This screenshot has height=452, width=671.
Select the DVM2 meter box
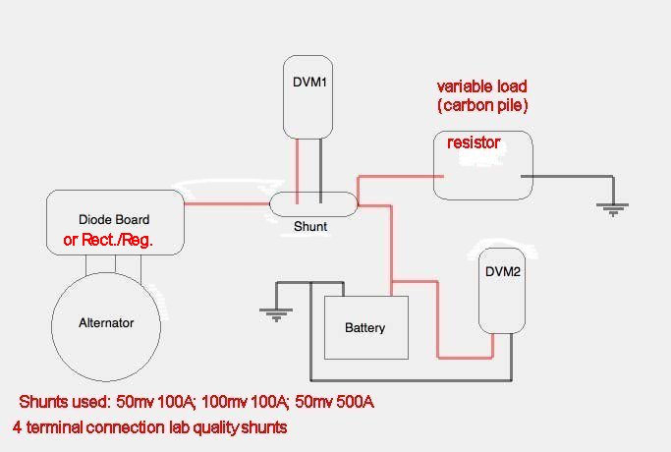(x=502, y=290)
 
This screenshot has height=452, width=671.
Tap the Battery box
(x=365, y=327)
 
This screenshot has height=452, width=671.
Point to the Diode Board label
(x=114, y=219)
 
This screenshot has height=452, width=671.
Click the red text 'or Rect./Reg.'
(x=108, y=239)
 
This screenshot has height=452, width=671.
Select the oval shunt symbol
(x=313, y=204)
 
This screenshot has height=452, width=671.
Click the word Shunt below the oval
(x=310, y=227)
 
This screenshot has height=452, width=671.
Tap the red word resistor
(x=474, y=143)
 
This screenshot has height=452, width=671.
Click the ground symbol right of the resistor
(x=613, y=207)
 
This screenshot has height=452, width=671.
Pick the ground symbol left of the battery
(x=276, y=313)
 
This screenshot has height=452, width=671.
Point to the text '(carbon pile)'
(x=489, y=105)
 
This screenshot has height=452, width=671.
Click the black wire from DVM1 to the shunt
(x=320, y=167)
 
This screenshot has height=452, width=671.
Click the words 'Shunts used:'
(x=64, y=403)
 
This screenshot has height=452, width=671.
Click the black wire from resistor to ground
(x=570, y=177)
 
